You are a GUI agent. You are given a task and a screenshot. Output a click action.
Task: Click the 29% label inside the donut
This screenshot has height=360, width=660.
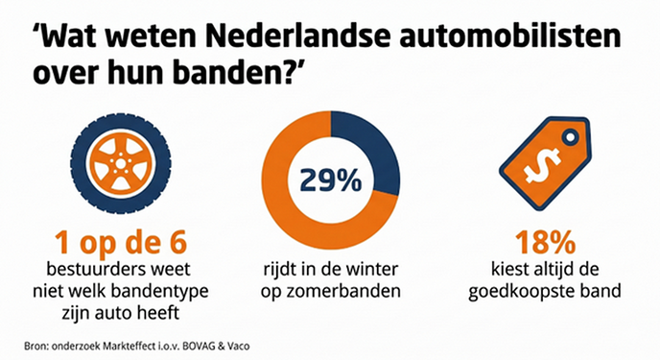point(331,180)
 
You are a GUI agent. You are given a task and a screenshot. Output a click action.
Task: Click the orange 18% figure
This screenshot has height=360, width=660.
point(545,243)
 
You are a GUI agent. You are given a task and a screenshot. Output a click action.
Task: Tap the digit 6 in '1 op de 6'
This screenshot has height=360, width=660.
point(177,243)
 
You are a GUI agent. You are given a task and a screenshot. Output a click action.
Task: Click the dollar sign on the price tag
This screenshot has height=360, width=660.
point(542,165)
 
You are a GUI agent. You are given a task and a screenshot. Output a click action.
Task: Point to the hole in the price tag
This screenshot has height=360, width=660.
point(570,137)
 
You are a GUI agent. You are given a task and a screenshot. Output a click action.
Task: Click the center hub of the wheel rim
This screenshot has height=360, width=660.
point(120,164)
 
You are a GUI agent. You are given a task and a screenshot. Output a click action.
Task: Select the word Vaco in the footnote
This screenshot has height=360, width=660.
point(239,347)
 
